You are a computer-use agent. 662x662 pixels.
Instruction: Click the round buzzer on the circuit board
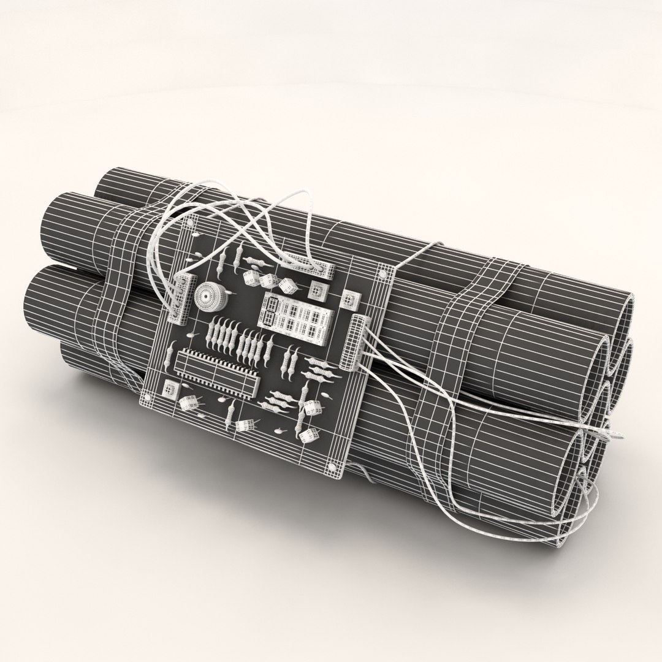[208, 295]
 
